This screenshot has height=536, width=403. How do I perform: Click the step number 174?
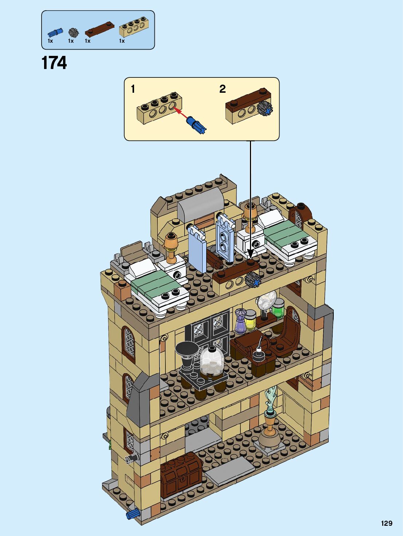[54, 63]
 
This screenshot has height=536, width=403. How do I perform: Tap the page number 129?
[387, 523]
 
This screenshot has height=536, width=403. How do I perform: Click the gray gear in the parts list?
[74, 32]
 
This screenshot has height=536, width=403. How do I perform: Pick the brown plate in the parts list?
[99, 29]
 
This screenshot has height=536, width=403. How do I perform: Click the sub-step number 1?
[133, 89]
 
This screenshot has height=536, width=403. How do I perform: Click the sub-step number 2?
[222, 89]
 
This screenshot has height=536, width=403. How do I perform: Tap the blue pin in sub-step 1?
[197, 124]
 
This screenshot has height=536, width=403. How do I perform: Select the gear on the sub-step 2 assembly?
[265, 108]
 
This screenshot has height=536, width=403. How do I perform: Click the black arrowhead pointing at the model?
[250, 253]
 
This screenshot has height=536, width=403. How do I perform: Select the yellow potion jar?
[250, 320]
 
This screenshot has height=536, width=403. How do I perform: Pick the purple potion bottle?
[240, 321]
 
